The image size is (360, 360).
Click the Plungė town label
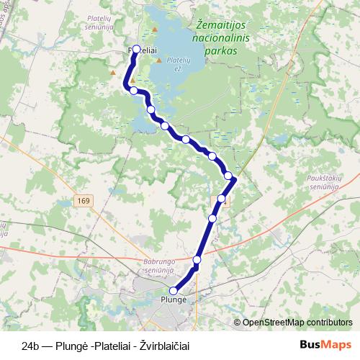pyautogui.click(x=174, y=300)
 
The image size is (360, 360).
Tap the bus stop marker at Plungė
pyautogui.click(x=174, y=291)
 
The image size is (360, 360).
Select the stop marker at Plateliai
pyautogui.click(x=136, y=50)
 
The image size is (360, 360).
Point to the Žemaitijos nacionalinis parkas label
pyautogui.click(x=222, y=37)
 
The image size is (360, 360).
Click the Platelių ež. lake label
pyautogui.click(x=178, y=65)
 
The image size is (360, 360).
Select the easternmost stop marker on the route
pyautogui.click(x=228, y=176)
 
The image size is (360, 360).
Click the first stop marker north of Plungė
pyautogui.click(x=197, y=259)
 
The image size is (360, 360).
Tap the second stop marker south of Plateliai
pyautogui.click(x=150, y=109)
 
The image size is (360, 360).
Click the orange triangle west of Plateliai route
pyautogui.click(x=112, y=72)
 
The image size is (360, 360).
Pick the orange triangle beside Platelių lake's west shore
pyautogui.click(x=158, y=61)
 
